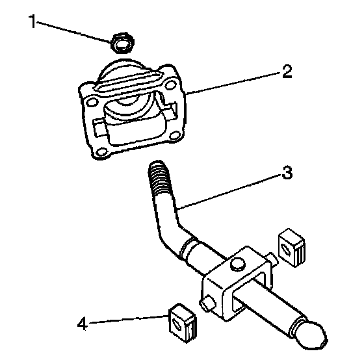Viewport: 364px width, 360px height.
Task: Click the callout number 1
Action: tap(32, 21)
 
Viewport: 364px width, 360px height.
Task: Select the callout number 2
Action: tap(287, 71)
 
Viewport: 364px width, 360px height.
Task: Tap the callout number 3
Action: tap(287, 172)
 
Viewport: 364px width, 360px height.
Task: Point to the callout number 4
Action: tap(83, 324)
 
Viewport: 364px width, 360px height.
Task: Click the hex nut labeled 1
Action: tap(123, 43)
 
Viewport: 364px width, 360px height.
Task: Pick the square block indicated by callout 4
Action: tap(183, 323)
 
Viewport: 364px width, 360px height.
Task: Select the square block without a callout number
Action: tap(292, 248)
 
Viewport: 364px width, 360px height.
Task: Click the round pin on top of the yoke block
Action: tap(237, 264)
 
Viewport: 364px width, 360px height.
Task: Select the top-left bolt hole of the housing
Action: tap(91, 103)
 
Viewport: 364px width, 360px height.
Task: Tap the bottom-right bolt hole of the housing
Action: tap(175, 135)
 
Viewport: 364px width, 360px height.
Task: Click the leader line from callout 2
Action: tap(233, 83)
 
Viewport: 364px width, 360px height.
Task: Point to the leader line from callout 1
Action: tap(74, 32)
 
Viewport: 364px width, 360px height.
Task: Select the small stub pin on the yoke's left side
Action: tap(207, 302)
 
